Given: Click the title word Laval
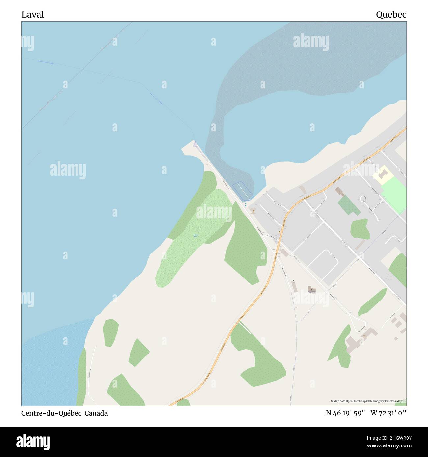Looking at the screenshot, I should [33, 14].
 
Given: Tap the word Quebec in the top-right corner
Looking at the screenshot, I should [391, 14].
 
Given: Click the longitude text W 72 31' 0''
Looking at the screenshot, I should [388, 413].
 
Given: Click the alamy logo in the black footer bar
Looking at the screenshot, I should [33, 442].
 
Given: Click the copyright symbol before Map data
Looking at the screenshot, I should [332, 401].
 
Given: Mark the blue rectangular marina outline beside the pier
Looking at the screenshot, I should [243, 191].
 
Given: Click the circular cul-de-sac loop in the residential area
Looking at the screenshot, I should [363, 199].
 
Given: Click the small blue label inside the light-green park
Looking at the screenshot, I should [195, 235].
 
